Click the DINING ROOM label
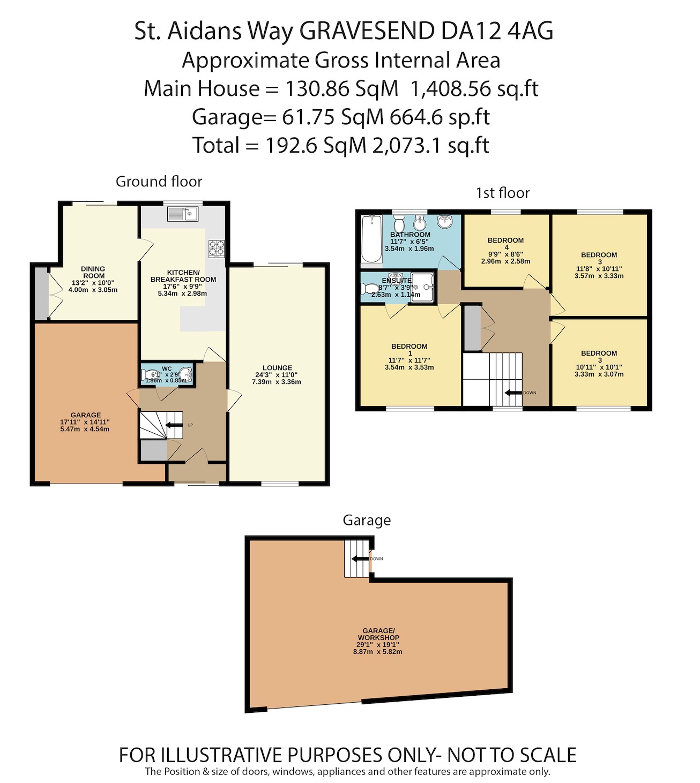93,272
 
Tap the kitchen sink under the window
183,214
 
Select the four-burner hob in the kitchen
217,247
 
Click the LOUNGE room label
277,368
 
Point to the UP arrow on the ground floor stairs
173,425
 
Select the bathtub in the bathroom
371,239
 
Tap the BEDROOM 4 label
505,243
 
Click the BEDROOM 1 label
409,349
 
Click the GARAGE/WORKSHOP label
378,634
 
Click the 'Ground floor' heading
159,182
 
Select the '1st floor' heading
502,193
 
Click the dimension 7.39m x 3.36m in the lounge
277,382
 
